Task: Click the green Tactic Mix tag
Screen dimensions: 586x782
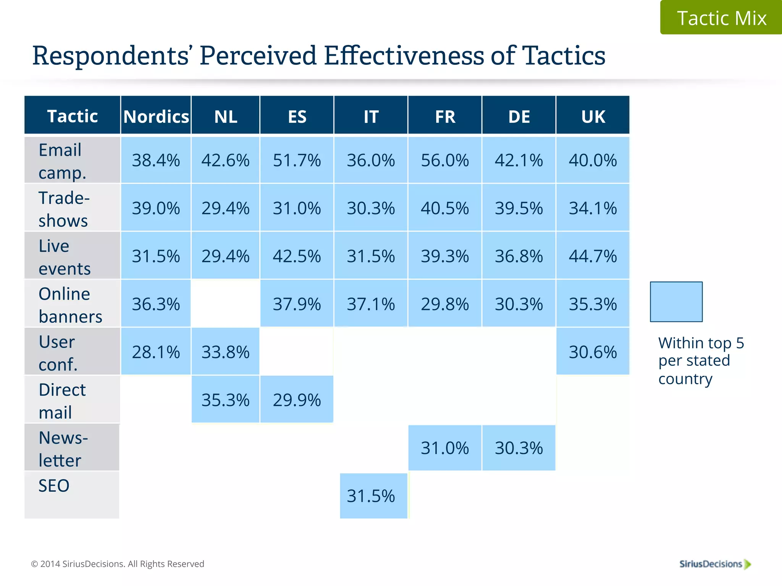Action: pyautogui.click(x=721, y=18)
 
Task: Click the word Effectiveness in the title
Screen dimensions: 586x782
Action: pyautogui.click(x=404, y=56)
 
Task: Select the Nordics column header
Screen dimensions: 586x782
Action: pyautogui.click(x=156, y=116)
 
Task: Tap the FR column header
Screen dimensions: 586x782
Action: pyautogui.click(x=445, y=116)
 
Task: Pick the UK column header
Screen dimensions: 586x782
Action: pyautogui.click(x=593, y=116)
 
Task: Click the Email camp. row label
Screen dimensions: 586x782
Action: pyautogui.click(x=61, y=161)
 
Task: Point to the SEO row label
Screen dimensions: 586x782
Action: pyautogui.click(x=54, y=486)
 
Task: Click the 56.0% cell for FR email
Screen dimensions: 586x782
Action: pyautogui.click(x=445, y=160)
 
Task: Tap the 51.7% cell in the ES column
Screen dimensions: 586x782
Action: pyautogui.click(x=297, y=160)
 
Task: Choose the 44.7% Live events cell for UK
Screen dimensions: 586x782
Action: pyautogui.click(x=593, y=256)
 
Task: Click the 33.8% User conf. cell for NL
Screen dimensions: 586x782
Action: pyautogui.click(x=225, y=352)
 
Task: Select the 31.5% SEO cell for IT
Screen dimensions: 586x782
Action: pyautogui.click(x=371, y=496)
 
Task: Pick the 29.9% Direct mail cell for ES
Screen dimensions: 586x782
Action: pyautogui.click(x=297, y=400)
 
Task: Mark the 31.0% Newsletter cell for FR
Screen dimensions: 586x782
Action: pyautogui.click(x=445, y=448)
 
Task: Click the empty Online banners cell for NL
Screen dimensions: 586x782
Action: pyautogui.click(x=225, y=304)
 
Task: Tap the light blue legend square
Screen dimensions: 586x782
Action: pyautogui.click(x=676, y=302)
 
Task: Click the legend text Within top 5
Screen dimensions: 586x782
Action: pyautogui.click(x=701, y=343)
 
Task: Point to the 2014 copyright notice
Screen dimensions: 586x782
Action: pyautogui.click(x=118, y=564)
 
